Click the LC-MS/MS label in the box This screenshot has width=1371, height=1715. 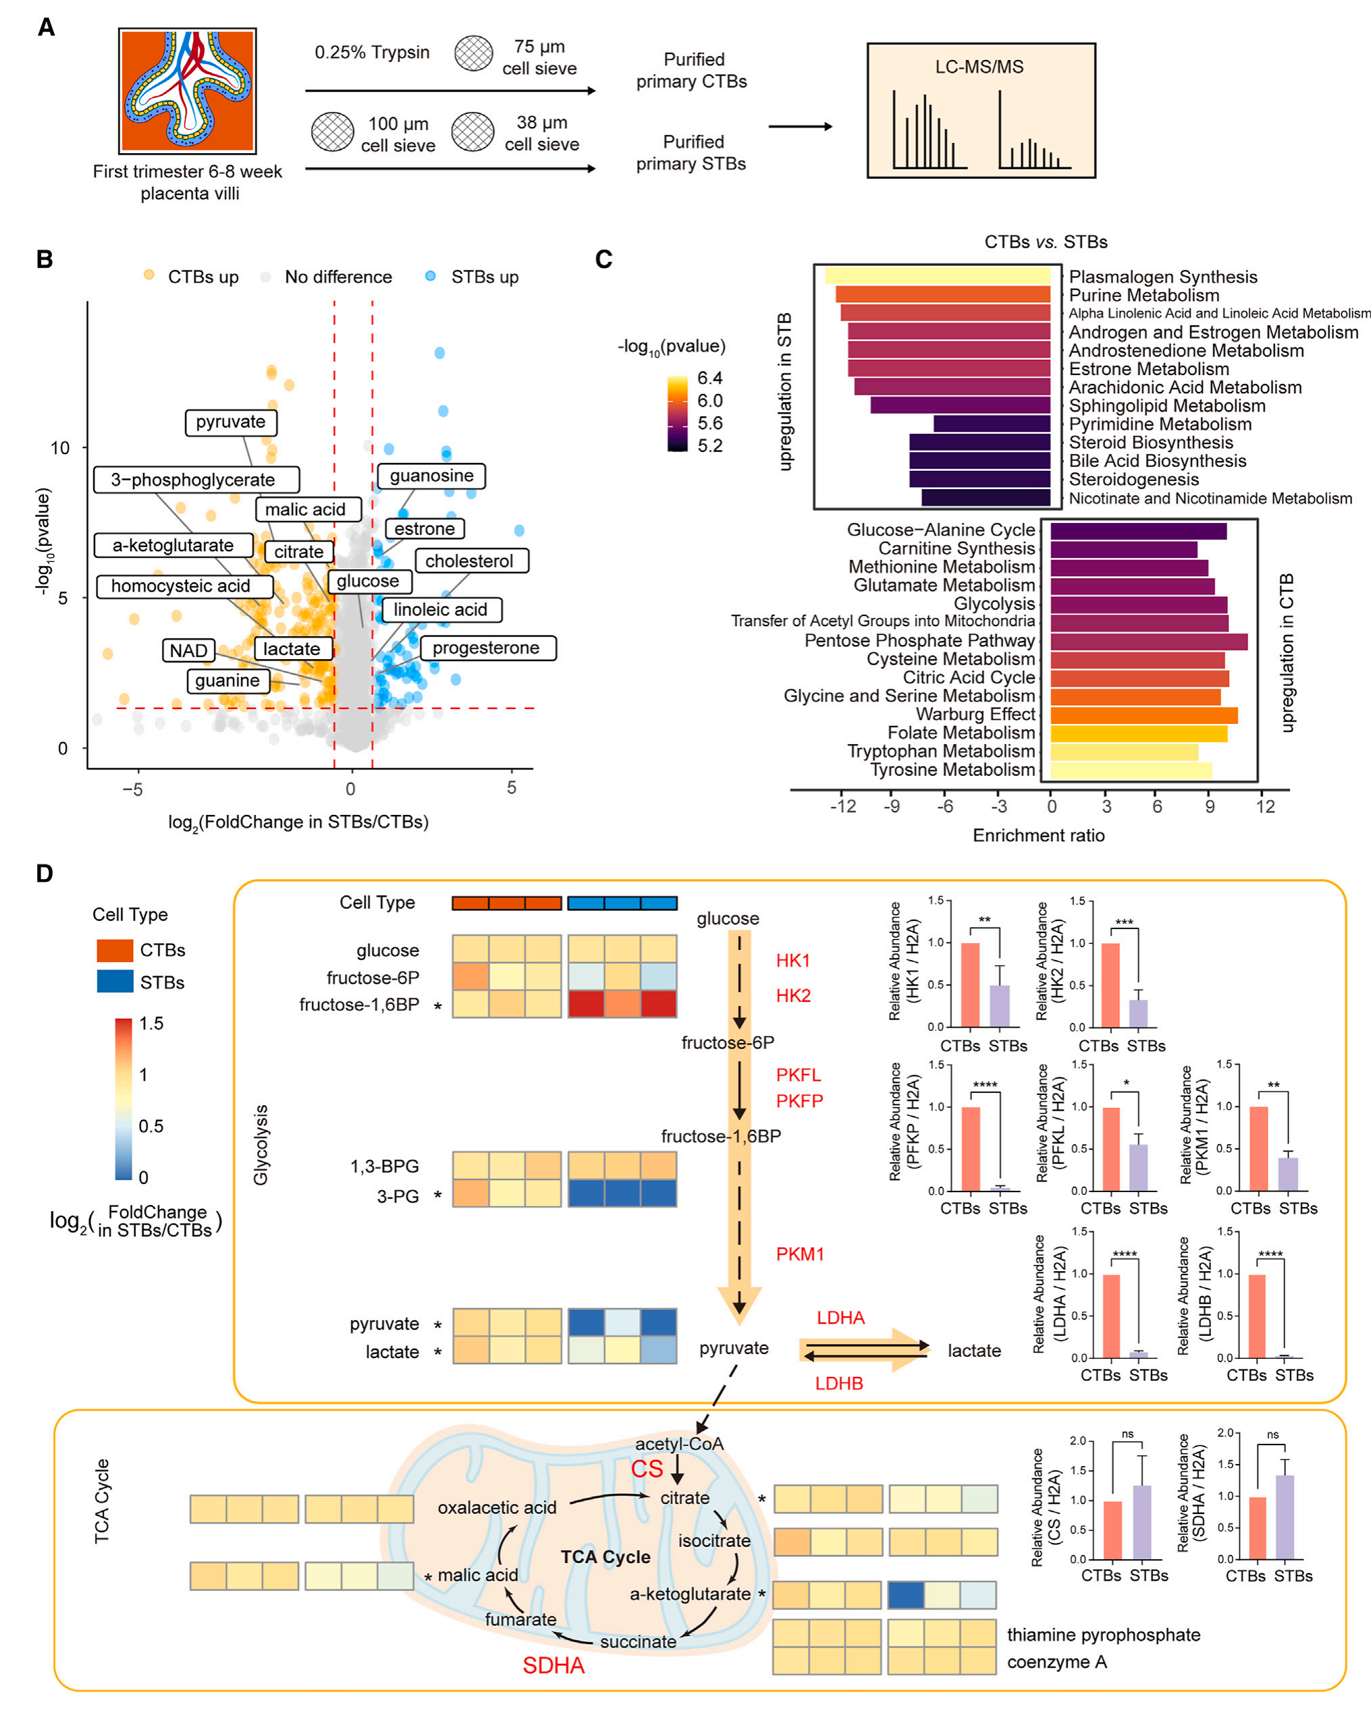point(979,67)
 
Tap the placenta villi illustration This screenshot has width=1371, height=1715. point(188,90)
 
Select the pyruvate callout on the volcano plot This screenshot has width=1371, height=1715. point(231,422)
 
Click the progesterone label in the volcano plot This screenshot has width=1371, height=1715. point(486,648)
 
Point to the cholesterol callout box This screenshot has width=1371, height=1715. point(469,561)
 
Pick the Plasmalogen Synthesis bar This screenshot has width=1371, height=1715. point(938,276)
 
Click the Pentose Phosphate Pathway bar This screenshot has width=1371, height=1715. point(1148,641)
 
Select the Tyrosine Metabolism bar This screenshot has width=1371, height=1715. point(1131,770)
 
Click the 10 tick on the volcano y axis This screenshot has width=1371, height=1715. point(61,448)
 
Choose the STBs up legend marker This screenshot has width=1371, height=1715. point(431,276)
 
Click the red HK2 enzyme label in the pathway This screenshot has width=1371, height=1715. point(793,995)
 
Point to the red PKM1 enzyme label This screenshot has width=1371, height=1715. point(800,1254)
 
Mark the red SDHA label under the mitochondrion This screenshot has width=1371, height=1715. point(553,1665)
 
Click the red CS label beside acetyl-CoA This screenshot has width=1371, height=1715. point(647,1468)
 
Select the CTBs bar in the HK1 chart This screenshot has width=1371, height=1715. point(970,985)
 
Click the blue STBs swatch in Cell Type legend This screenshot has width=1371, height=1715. point(115,982)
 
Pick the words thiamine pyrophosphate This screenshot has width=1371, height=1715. point(1104,1635)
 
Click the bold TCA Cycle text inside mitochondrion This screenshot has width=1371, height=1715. point(606,1556)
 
